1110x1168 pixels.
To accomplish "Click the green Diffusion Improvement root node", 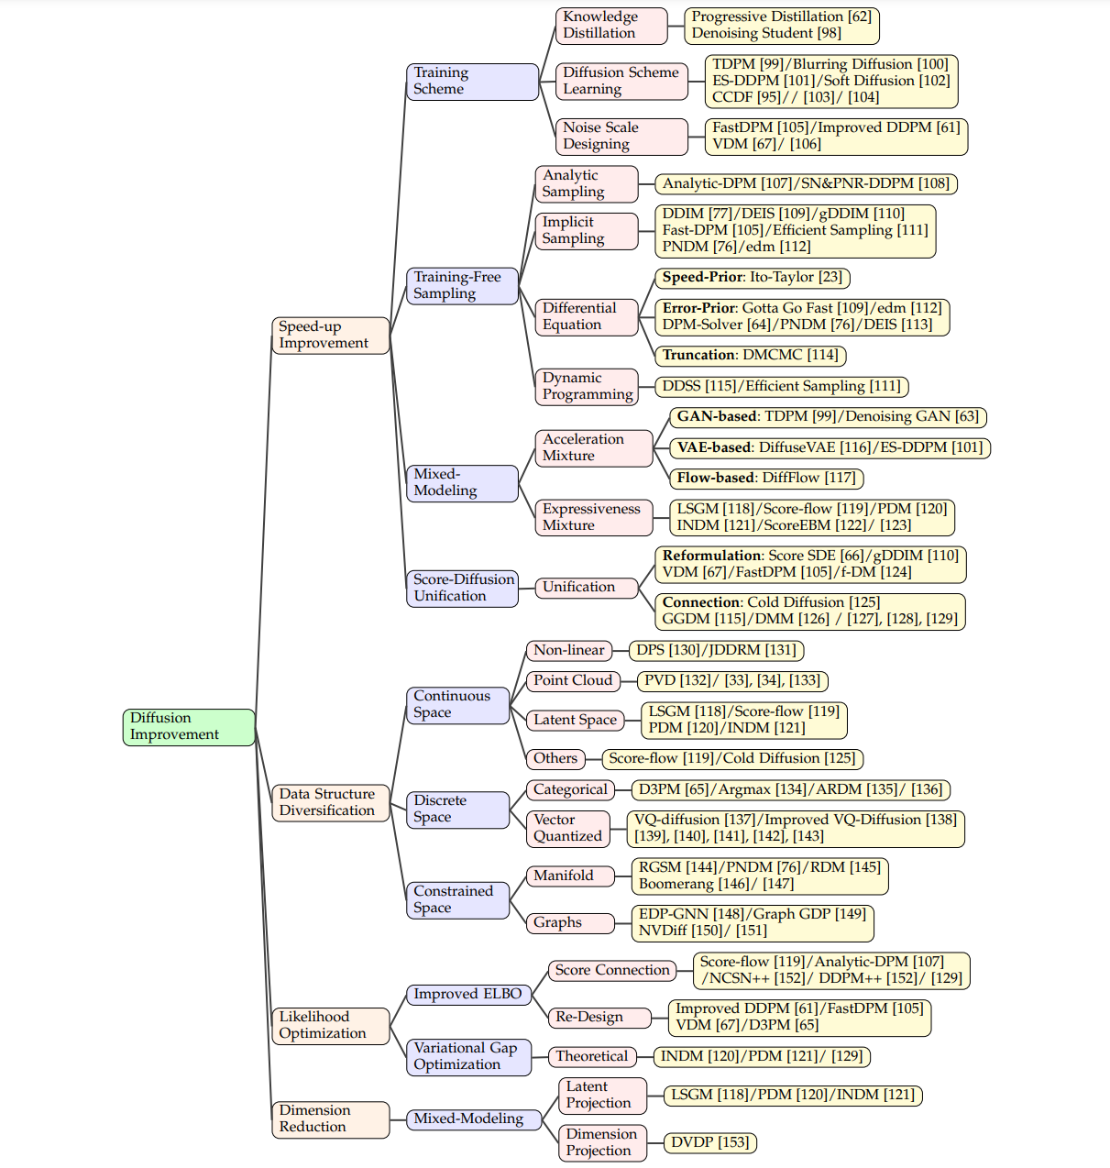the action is tap(189, 727).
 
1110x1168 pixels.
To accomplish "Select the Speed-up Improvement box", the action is tap(330, 335).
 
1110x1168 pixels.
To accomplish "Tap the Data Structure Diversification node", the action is tap(330, 802).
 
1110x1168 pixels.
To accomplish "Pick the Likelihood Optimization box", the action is tap(330, 1025).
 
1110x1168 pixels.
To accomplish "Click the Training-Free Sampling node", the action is tap(462, 285).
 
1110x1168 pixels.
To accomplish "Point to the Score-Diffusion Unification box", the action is tap(462, 588).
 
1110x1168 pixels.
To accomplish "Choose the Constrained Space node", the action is tap(457, 899).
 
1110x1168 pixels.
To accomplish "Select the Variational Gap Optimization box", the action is tap(468, 1056).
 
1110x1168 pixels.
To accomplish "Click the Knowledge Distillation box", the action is tap(610, 25).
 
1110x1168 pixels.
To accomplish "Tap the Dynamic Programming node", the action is tap(587, 386).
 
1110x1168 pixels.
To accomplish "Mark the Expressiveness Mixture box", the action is tap(593, 517).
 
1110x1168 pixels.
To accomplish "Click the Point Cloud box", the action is tap(573, 680).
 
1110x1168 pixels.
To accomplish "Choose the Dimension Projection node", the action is tap(601, 1142).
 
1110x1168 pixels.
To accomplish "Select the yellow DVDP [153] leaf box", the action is tap(710, 1142).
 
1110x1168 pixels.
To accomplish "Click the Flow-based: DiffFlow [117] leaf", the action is tap(766, 478).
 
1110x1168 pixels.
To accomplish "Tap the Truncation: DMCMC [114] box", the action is tap(751, 355).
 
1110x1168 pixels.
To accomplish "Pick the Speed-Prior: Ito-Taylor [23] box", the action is tap(753, 277).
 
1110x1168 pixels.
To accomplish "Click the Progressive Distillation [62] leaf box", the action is tap(782, 25).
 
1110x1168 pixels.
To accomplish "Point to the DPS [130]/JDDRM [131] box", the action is tap(716, 650).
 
